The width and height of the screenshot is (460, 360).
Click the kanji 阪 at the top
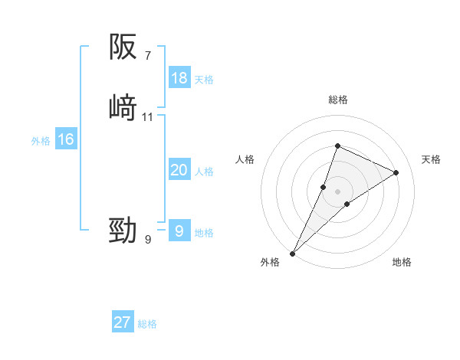click(123, 48)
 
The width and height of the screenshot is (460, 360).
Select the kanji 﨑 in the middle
click(123, 108)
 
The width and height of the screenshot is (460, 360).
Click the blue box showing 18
click(179, 78)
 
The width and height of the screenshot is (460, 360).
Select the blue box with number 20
click(179, 170)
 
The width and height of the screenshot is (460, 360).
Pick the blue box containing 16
click(65, 139)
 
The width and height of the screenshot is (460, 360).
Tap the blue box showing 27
click(123, 322)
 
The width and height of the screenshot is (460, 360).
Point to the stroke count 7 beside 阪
click(148, 55)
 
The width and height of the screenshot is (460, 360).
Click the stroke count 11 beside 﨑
click(148, 116)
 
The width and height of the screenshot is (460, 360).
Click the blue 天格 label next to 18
click(204, 80)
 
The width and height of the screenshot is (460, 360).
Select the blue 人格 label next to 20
click(204, 172)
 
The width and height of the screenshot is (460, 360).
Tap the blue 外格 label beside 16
click(41, 141)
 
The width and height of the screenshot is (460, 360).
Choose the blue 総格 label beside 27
click(147, 324)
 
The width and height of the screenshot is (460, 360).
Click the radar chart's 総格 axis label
click(337, 100)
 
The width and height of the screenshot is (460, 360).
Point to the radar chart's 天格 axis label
click(431, 159)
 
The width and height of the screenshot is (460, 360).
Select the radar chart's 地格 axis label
click(402, 262)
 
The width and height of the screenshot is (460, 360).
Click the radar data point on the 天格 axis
click(396, 172)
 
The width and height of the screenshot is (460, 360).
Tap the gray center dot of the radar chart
click(337, 191)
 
